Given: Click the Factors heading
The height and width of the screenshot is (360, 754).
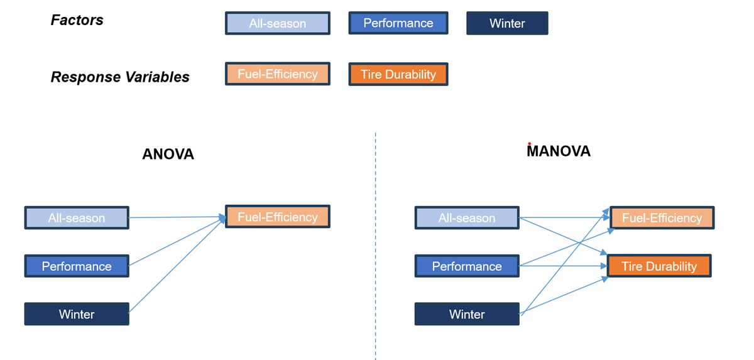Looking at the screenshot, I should [77, 20].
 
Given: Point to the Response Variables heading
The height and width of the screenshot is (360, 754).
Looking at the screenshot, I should [120, 77].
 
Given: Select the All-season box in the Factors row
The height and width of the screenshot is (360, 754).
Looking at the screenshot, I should [277, 23].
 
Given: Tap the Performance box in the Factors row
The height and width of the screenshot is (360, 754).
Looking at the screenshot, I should [398, 23].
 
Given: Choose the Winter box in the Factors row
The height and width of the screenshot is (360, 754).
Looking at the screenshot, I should [507, 23].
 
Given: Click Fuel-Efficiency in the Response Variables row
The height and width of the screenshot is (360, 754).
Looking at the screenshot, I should [277, 74].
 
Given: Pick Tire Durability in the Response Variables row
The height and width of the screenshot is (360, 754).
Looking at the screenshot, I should [398, 74].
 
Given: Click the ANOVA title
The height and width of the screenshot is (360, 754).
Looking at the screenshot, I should [168, 154].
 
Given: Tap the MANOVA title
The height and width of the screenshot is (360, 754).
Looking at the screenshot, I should [559, 151].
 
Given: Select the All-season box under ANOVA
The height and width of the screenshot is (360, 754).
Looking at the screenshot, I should [77, 218].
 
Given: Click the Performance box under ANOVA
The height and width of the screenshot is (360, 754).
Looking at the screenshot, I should [77, 266].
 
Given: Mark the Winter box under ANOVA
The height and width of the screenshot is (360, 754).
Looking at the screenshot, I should [77, 314].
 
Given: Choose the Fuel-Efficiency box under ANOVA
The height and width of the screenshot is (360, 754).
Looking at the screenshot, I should [277, 217].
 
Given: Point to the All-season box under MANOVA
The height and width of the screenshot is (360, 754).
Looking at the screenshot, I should [467, 218].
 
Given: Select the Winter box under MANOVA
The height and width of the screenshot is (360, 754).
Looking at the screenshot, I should [467, 314].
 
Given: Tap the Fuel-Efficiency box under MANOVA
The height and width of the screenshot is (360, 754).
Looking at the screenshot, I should [662, 218].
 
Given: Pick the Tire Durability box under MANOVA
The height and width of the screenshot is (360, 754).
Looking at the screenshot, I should [659, 266].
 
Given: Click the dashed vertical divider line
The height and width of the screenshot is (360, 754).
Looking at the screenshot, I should [376, 251].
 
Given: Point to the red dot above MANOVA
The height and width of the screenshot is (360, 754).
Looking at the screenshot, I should [530, 144].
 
